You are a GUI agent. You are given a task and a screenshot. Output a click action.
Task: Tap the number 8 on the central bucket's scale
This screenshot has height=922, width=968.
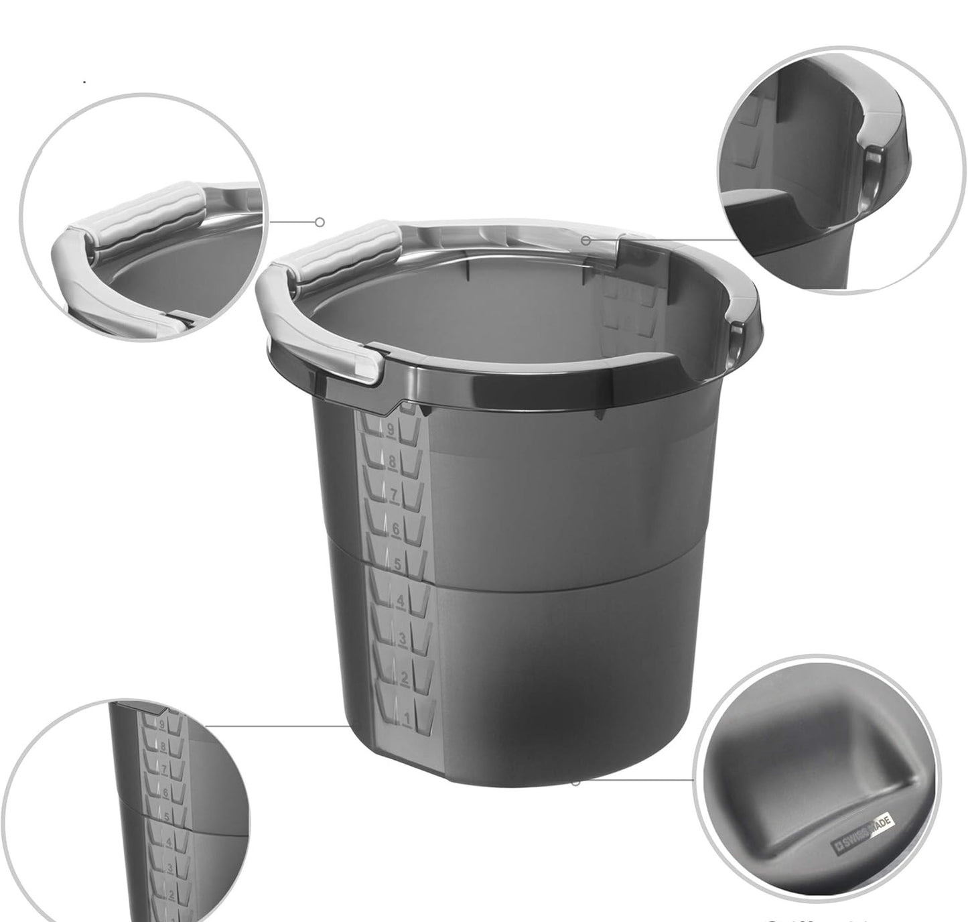point(393,463)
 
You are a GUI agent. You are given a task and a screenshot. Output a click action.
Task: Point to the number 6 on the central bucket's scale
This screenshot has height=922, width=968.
point(396,529)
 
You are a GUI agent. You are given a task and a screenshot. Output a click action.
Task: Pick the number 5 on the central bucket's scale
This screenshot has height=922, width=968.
point(397,564)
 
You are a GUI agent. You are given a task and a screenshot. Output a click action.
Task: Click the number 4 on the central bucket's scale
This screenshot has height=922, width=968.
point(400,601)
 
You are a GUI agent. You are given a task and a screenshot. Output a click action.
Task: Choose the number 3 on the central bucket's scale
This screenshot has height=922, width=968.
point(402,639)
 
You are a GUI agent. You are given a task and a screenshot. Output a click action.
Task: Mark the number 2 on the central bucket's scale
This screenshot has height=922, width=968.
point(404,679)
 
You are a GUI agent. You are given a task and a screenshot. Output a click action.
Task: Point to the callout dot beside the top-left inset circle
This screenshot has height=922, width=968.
point(320,222)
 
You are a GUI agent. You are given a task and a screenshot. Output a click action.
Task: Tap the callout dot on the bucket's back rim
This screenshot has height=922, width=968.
point(585,240)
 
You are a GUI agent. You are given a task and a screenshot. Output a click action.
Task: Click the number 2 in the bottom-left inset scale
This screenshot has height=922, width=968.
point(171,894)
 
